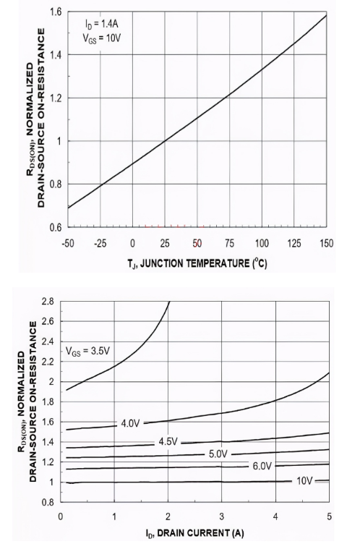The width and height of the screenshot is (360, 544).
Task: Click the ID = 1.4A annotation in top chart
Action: pyautogui.click(x=97, y=24)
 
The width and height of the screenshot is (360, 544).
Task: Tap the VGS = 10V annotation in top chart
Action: pyautogui.click(x=97, y=38)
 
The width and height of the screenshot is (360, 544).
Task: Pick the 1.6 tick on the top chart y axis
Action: pyautogui.click(x=54, y=12)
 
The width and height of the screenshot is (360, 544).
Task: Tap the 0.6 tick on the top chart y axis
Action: pyautogui.click(x=54, y=227)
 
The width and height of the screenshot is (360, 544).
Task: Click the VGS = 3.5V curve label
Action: pyautogui.click(x=89, y=352)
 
